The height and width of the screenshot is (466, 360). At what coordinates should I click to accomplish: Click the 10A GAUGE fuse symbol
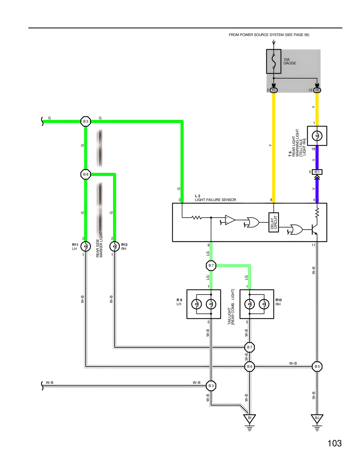point(274,61)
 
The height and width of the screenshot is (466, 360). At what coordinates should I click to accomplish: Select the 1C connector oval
point(274,90)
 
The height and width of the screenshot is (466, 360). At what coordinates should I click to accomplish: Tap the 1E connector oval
point(317,90)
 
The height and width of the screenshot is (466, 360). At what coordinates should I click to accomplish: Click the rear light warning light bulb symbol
point(317,136)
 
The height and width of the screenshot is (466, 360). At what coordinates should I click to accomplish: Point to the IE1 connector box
point(317,172)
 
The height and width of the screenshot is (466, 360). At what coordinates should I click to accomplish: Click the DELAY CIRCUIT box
point(274,222)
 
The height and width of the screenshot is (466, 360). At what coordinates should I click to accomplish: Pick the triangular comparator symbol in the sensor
point(230,220)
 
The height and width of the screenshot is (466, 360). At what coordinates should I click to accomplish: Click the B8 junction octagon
point(86,174)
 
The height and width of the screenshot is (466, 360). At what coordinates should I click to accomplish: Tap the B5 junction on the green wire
point(86,122)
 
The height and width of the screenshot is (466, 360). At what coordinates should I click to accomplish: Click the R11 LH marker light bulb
point(86,247)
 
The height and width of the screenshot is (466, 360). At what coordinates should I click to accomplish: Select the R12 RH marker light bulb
point(114,247)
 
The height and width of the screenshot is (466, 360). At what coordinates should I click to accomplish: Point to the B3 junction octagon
point(211,386)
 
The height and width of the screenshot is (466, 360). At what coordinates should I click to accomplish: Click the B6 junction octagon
point(249,367)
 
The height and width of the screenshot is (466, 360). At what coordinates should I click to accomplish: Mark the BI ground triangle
point(249,418)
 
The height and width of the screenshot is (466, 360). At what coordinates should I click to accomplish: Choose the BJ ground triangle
point(317,418)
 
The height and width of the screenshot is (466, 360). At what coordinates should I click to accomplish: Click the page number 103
point(334,443)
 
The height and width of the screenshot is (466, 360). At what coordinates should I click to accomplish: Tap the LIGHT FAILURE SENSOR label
point(215,200)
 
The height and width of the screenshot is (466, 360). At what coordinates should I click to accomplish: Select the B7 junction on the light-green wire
point(211,265)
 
